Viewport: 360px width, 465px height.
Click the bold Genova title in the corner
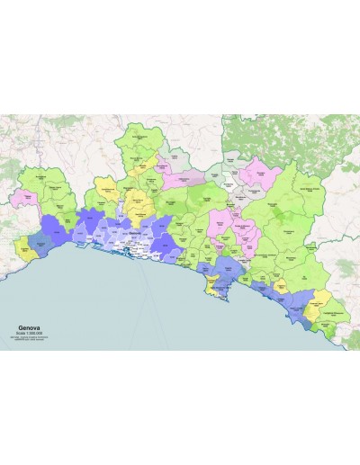(x=32, y=330)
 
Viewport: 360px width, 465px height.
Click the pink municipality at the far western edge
(x=21, y=195)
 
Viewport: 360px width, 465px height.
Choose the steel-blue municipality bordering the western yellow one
(x=40, y=241)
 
